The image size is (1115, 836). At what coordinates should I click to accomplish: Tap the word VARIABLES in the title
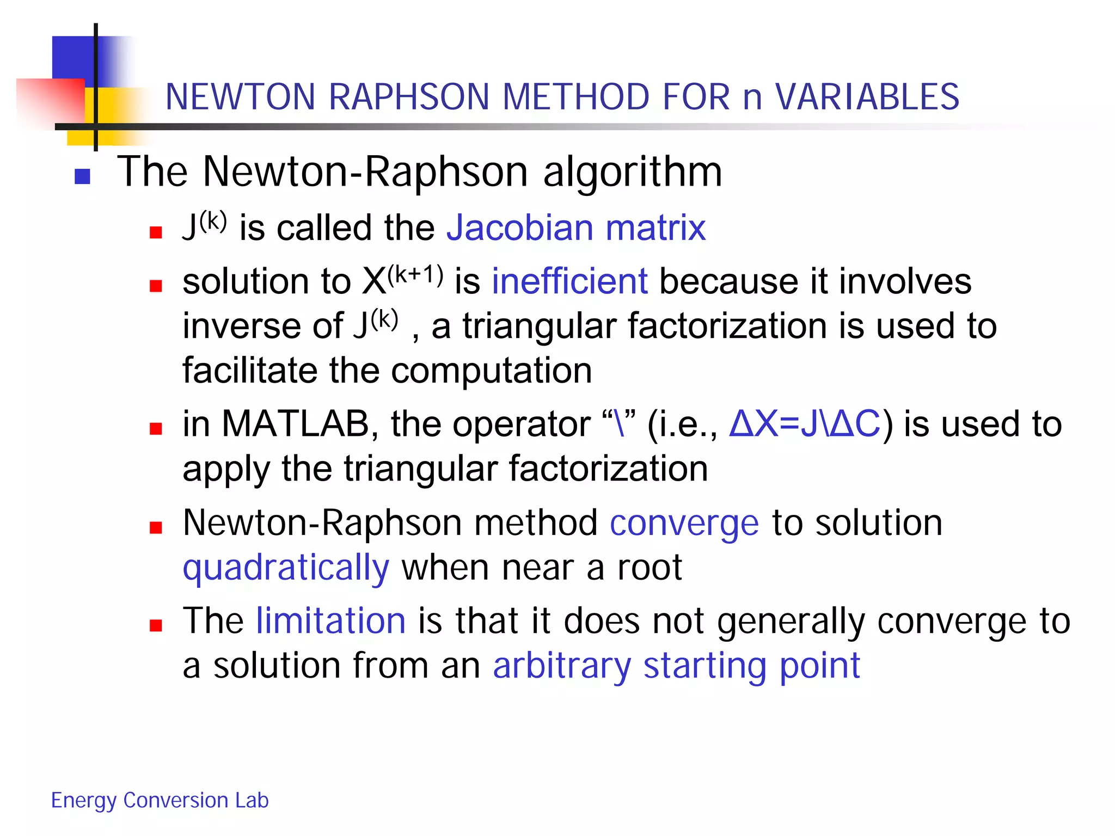(867, 97)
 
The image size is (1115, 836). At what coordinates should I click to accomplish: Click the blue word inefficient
(569, 281)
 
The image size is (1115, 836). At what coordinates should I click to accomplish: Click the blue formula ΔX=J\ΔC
(804, 424)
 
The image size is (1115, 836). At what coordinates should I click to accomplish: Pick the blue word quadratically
(286, 568)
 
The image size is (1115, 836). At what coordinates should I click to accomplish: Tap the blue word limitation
(331, 621)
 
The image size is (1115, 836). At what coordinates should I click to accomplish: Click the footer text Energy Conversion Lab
(160, 801)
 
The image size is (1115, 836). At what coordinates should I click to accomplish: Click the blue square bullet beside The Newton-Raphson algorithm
(82, 176)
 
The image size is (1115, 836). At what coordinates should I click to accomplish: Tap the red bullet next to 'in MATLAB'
(156, 429)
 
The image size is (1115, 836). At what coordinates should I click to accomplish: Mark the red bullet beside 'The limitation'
(156, 626)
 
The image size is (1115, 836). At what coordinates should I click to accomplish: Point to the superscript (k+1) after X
(415, 275)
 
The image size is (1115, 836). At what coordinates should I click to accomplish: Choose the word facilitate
(249, 371)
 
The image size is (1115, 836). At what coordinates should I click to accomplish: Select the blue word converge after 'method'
(684, 523)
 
